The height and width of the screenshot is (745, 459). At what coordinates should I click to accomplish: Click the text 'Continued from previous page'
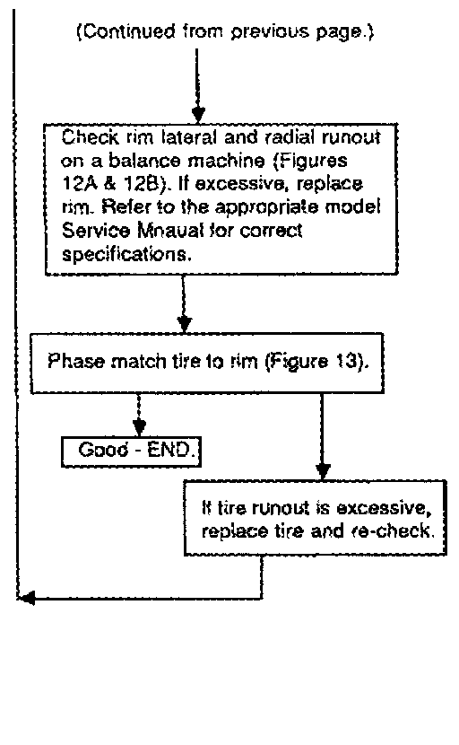[224, 31]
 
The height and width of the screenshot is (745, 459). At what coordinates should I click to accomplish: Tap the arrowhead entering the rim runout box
[198, 115]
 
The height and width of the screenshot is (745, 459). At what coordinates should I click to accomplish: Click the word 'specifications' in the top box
[126, 255]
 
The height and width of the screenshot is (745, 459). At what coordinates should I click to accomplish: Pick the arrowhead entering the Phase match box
[184, 325]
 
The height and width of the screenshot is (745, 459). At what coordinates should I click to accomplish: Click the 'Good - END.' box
[131, 451]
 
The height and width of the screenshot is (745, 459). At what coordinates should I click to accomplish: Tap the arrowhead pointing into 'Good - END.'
[139, 428]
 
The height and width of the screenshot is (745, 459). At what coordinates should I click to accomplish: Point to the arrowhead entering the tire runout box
[323, 472]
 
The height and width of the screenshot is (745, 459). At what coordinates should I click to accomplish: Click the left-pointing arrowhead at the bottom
[26, 598]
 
